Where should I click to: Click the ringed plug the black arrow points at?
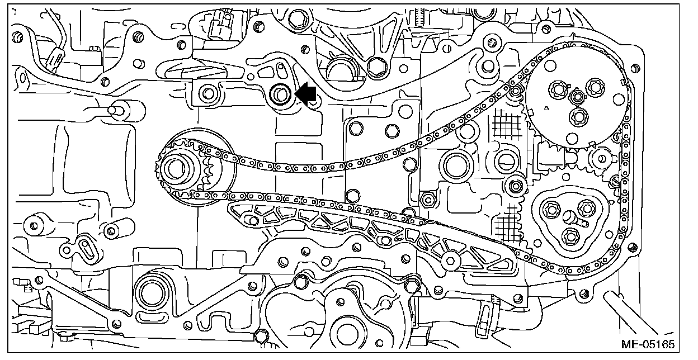[279, 94]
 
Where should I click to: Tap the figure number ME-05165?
[646, 342]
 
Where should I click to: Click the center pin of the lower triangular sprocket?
[569, 216]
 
